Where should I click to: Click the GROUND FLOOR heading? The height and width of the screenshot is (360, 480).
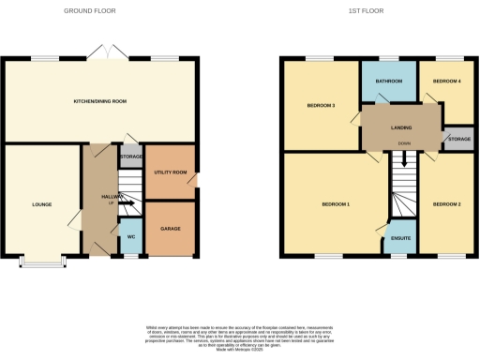pos(90,10)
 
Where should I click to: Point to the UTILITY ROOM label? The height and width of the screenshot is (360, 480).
pos(170,172)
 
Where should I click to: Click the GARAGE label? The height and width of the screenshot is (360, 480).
pos(170,229)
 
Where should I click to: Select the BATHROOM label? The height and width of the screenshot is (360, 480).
pos(389,82)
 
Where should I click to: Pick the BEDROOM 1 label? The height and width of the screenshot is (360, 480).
pos(335,203)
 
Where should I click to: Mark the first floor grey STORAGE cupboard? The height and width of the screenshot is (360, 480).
pos(458,139)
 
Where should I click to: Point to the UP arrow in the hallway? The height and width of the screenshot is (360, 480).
pos(127,202)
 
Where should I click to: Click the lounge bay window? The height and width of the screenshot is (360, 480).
pos(42,262)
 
